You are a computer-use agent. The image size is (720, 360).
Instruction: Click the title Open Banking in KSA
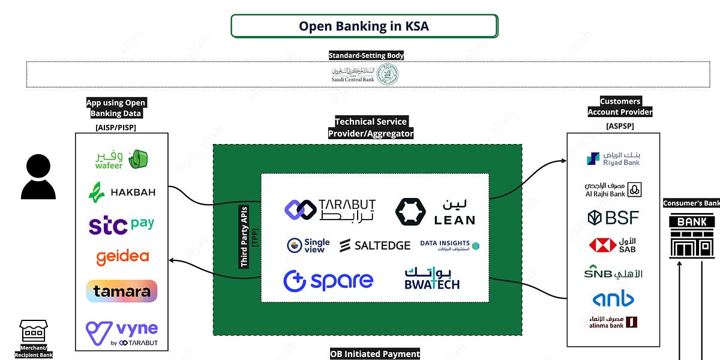click(364, 26)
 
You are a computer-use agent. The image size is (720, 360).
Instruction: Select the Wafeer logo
click(121, 160)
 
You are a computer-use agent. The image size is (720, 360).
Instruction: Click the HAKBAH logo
click(122, 192)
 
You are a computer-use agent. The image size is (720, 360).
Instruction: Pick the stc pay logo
click(121, 225)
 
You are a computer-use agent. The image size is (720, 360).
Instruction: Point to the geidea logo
click(122, 257)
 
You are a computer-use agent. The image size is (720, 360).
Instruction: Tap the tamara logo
click(122, 292)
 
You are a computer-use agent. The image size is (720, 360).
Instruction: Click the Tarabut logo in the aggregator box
click(329, 209)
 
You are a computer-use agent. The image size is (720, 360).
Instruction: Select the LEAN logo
click(435, 211)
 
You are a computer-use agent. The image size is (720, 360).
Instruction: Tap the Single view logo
click(308, 245)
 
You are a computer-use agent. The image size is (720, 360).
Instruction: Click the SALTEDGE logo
click(375, 245)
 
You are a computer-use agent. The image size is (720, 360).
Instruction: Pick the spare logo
click(328, 280)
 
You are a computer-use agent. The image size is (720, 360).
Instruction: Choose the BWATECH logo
click(432, 278)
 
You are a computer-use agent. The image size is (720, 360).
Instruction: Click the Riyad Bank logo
click(613, 158)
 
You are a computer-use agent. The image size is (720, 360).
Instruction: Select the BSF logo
click(613, 217)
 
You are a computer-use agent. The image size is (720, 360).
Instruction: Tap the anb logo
click(613, 298)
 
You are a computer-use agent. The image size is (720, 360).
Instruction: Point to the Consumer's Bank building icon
click(691, 237)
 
